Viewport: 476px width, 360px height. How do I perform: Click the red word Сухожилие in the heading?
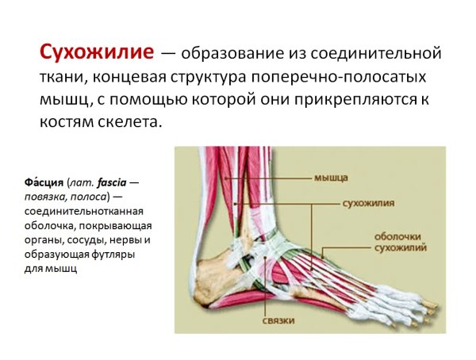(96, 53)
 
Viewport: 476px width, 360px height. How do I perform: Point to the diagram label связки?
(278, 320)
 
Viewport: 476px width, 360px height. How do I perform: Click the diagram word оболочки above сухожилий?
(397, 236)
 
